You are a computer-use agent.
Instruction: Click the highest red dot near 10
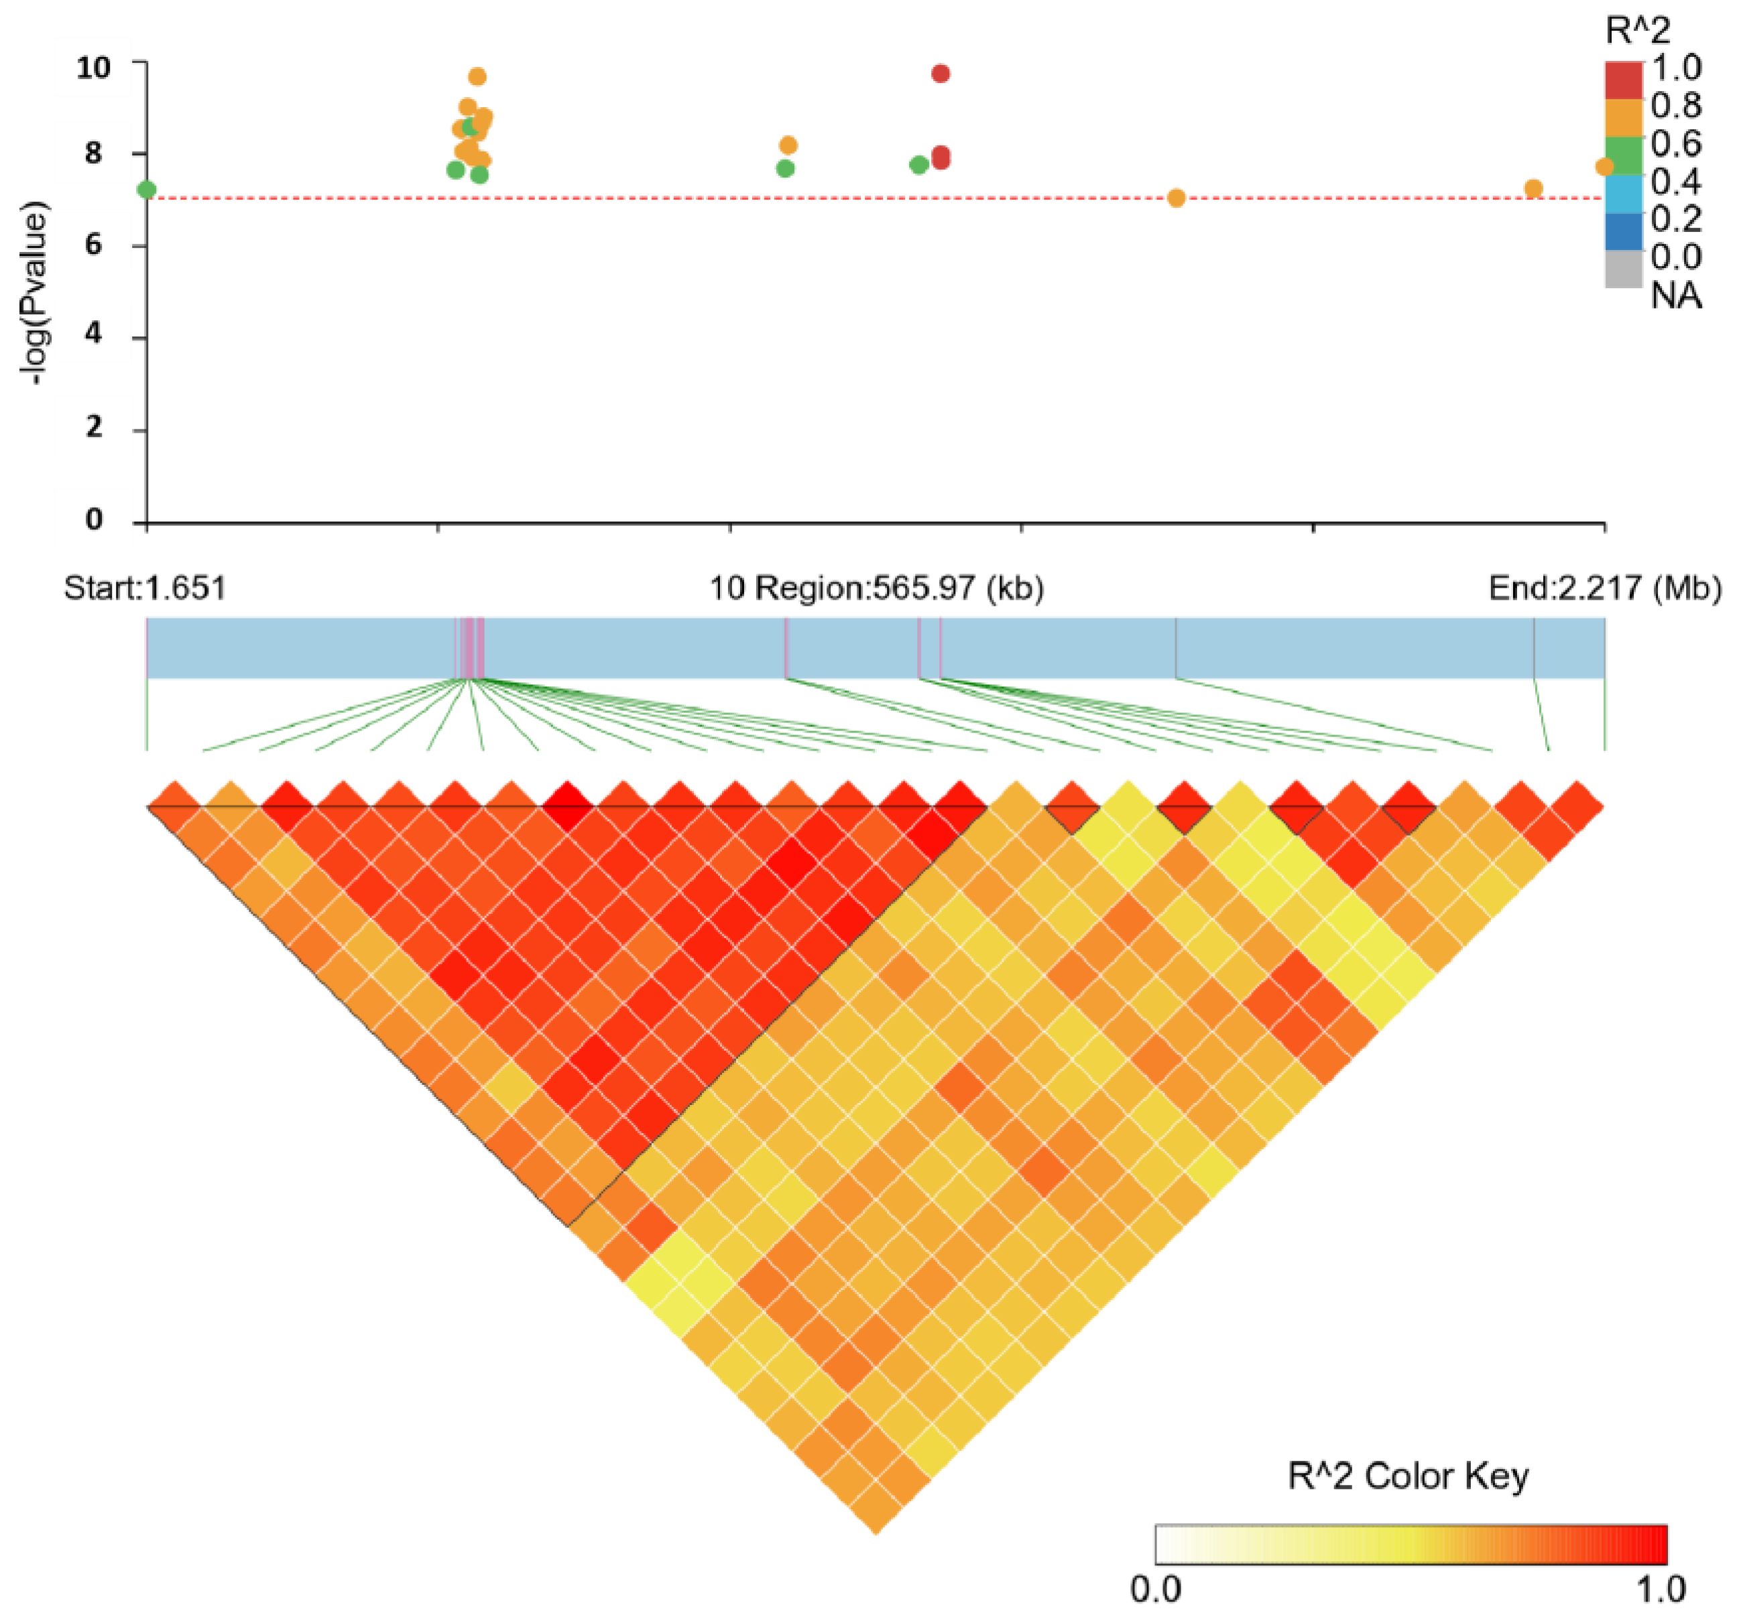click(940, 73)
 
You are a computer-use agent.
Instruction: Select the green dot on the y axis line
click(147, 190)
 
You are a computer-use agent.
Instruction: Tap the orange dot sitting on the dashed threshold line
click(1176, 198)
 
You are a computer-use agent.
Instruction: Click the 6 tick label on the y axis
click(95, 245)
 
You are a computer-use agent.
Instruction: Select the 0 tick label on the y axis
click(95, 520)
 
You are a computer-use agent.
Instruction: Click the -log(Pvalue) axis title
click(36, 294)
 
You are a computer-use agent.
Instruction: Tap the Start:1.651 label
click(145, 588)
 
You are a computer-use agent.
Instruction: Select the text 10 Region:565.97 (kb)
click(876, 588)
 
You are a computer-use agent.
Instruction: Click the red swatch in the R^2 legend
click(1624, 80)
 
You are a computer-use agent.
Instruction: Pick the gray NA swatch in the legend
click(1624, 269)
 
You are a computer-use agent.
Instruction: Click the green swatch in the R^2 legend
click(1624, 155)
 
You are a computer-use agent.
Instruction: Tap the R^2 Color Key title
click(1408, 1476)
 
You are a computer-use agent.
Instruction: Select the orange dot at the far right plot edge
click(1604, 166)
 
